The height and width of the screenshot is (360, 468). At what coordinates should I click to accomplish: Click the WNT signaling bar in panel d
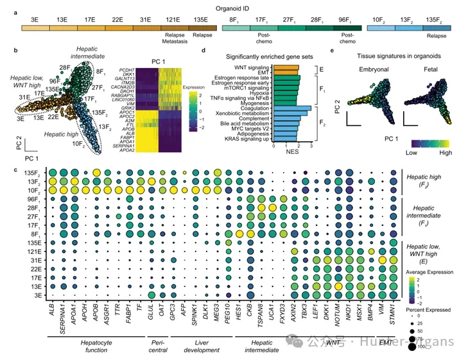pos(285,67)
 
